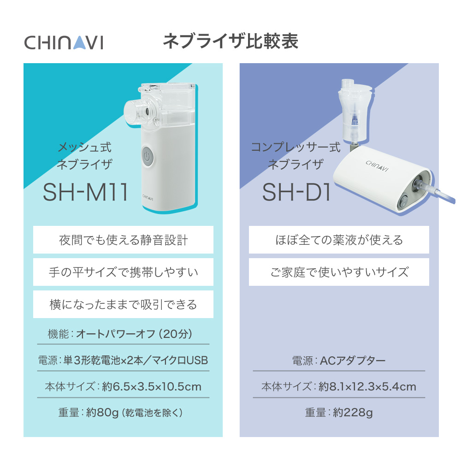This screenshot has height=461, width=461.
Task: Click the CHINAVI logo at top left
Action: point(64,42)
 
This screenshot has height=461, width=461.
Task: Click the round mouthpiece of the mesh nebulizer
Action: point(138,110)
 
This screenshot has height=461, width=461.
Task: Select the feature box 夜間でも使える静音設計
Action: point(123,240)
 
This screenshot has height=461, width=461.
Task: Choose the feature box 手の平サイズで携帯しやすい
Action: point(123,272)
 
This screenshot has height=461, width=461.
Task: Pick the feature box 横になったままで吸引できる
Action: point(123,304)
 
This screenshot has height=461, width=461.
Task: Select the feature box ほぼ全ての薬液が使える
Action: point(339,240)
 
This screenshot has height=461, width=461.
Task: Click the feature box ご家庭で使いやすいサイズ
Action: point(339,272)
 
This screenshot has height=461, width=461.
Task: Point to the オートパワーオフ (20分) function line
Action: point(134,334)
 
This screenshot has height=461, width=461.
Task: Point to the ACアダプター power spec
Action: point(353,360)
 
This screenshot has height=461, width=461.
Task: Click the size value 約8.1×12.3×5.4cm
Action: point(367,386)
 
